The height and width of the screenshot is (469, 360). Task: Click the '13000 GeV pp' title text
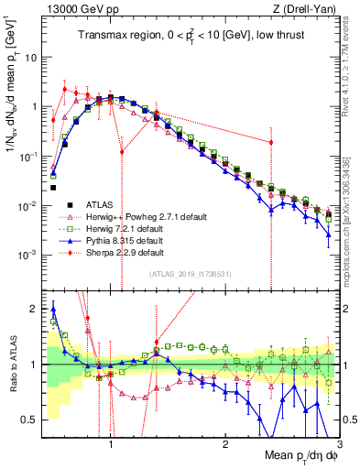pos(77,9)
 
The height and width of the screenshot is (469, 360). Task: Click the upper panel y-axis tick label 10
pos(29,57)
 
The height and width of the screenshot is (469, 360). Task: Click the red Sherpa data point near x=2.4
pos(271,142)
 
